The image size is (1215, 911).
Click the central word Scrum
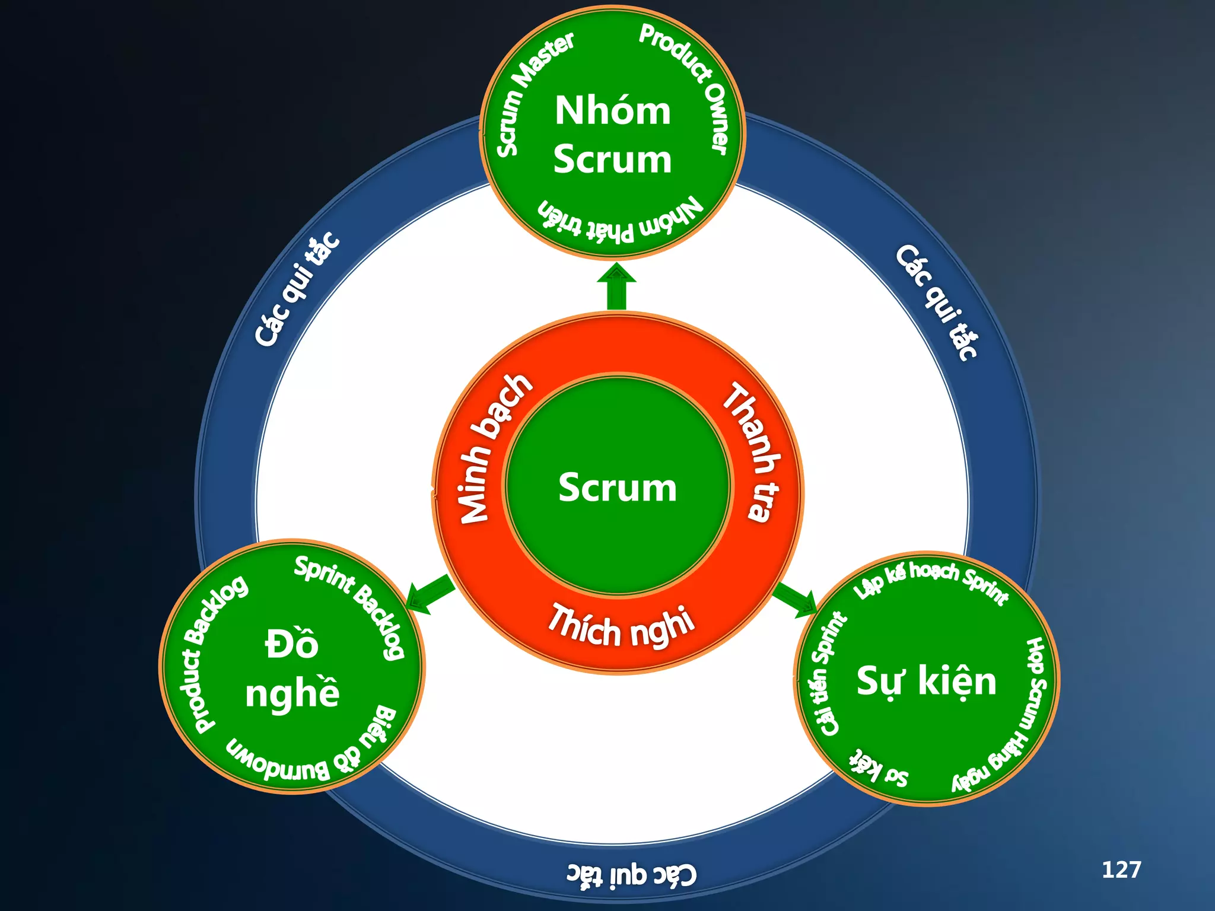[x=617, y=488]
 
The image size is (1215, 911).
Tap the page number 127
[x=1121, y=869]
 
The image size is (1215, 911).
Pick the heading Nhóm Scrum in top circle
[x=612, y=135]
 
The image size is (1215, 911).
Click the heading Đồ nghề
[x=292, y=668]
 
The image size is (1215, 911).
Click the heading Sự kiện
[x=926, y=681]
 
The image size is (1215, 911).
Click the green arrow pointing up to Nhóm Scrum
[x=616, y=287]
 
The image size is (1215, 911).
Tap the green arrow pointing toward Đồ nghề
[x=431, y=594]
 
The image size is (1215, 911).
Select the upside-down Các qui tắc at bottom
[x=631, y=875]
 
